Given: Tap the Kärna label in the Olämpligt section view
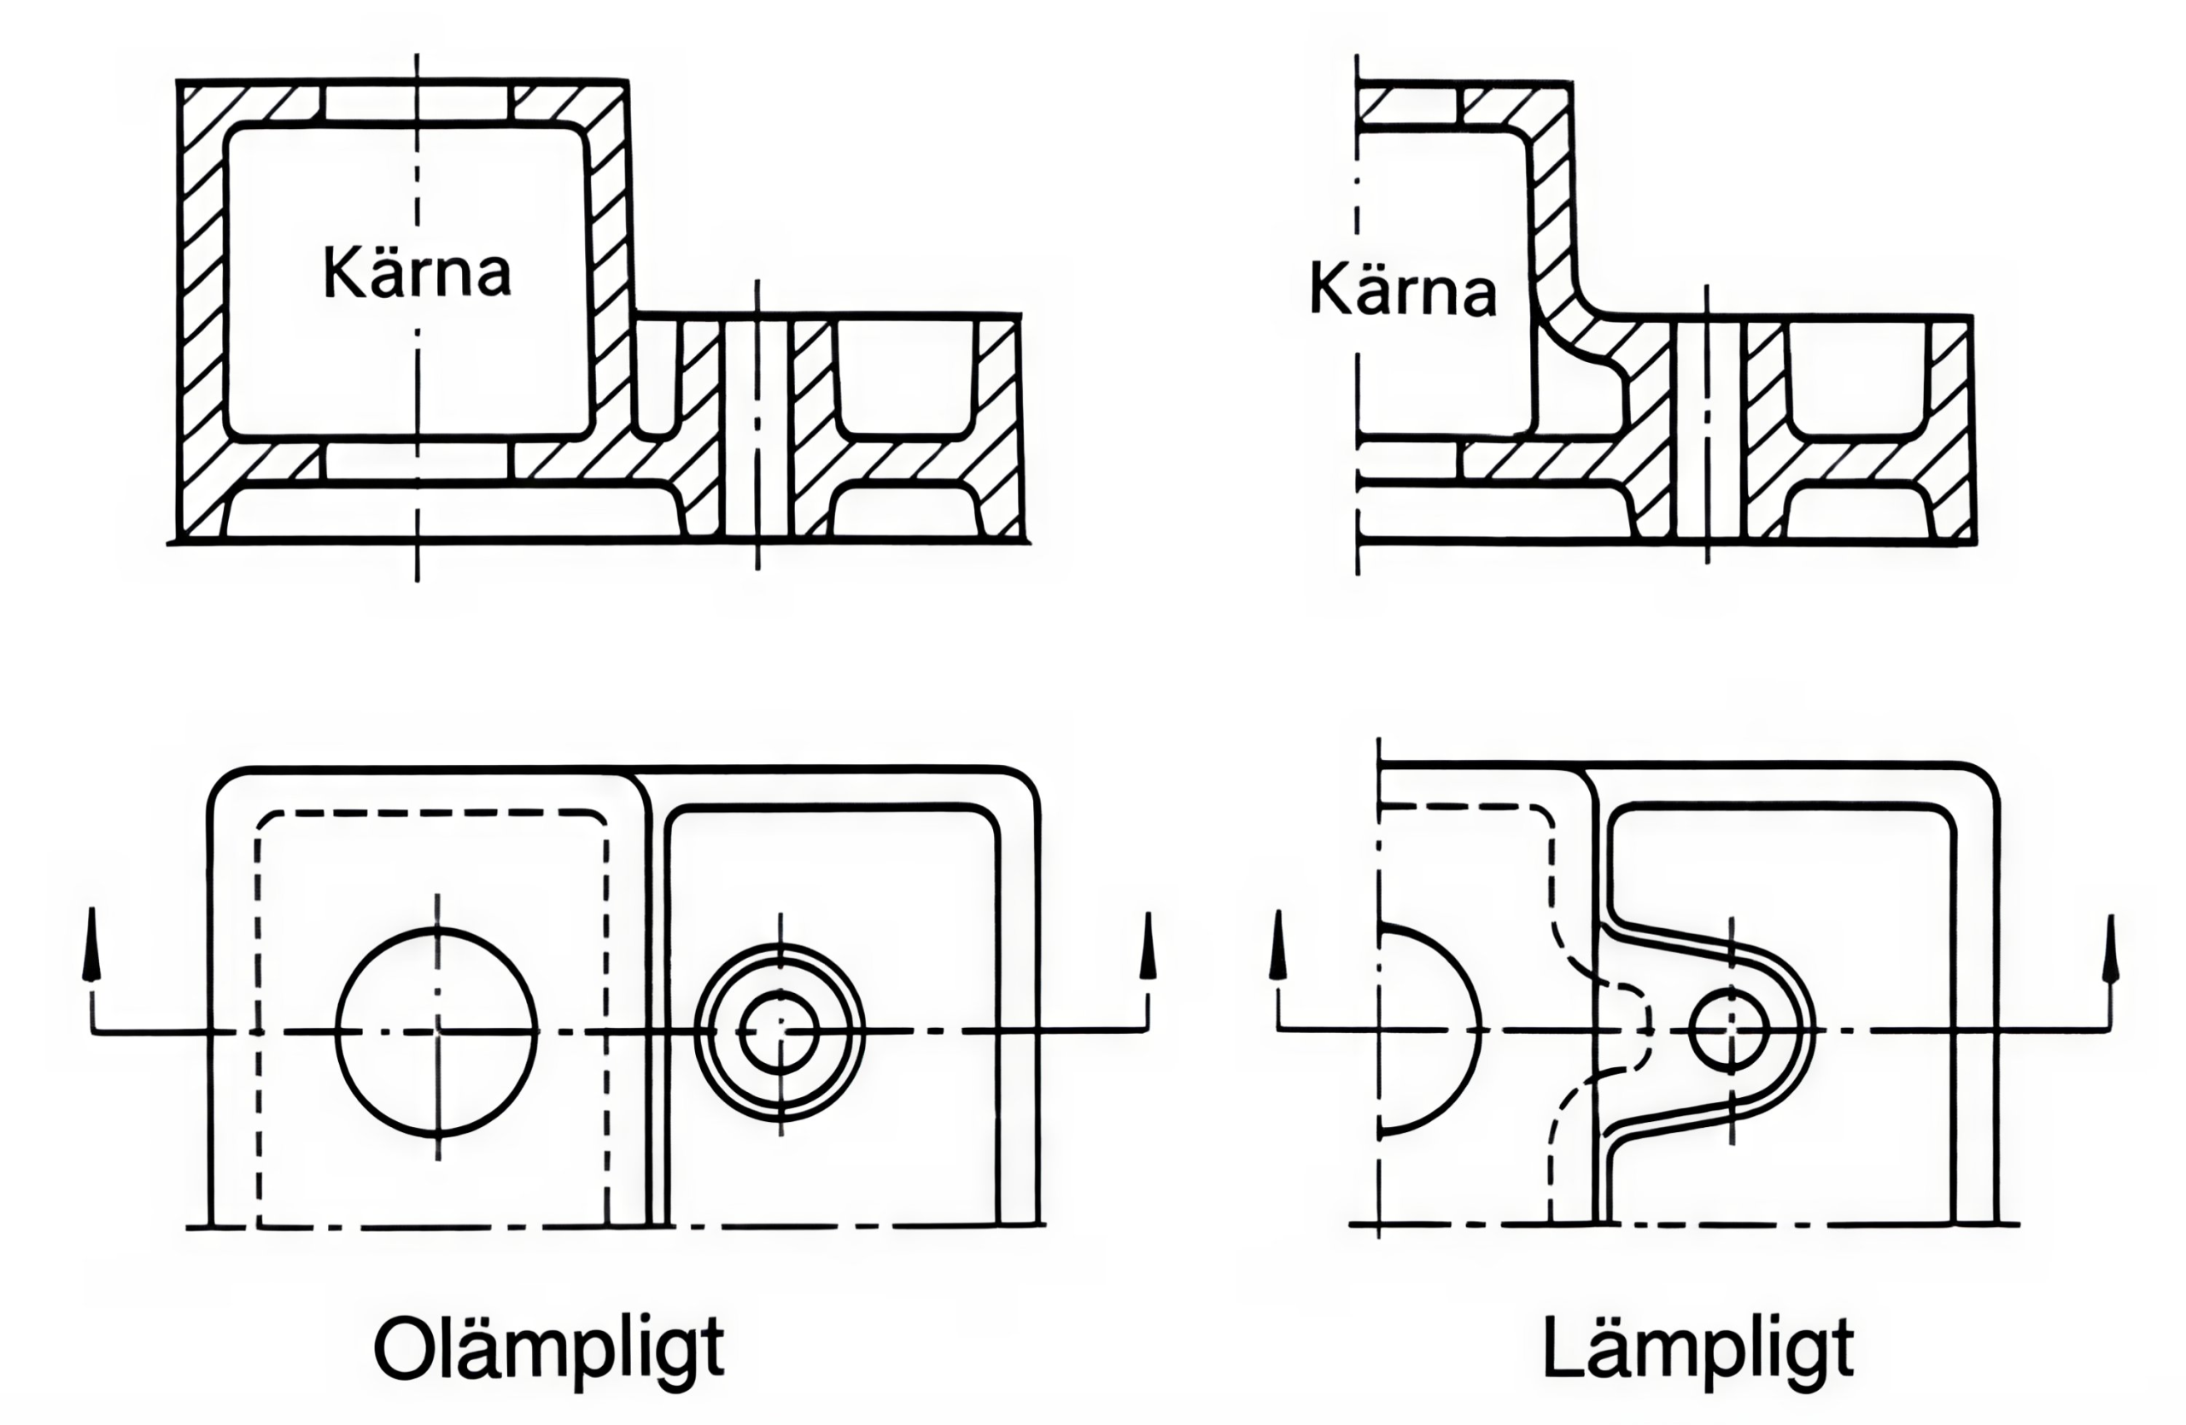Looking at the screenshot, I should [417, 272].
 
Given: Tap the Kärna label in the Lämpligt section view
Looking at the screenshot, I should [1402, 290].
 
